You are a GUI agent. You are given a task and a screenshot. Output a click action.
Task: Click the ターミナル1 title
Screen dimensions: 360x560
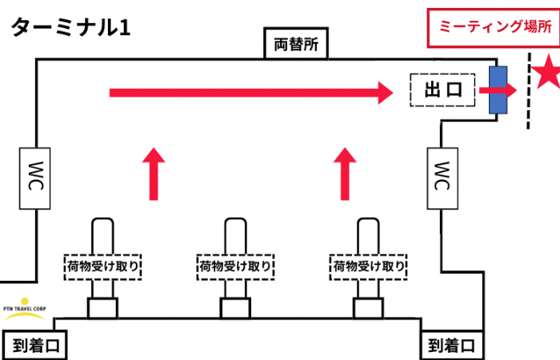click(x=70, y=27)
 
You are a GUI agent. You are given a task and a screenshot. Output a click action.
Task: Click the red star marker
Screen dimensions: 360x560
click(x=549, y=73)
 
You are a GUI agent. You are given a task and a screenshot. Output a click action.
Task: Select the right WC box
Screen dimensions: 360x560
click(x=442, y=178)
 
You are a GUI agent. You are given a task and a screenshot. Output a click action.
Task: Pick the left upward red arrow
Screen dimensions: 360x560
click(x=154, y=174)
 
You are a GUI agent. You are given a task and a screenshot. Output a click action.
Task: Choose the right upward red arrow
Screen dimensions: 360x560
click(x=346, y=174)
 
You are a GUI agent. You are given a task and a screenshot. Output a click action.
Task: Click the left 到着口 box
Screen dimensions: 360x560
click(x=35, y=346)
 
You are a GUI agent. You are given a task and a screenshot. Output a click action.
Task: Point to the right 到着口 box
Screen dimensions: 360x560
click(x=452, y=346)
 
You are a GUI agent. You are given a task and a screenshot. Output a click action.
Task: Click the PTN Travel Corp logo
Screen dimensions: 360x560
click(x=26, y=308)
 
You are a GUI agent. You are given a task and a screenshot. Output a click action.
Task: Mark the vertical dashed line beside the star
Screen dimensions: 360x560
click(x=529, y=88)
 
